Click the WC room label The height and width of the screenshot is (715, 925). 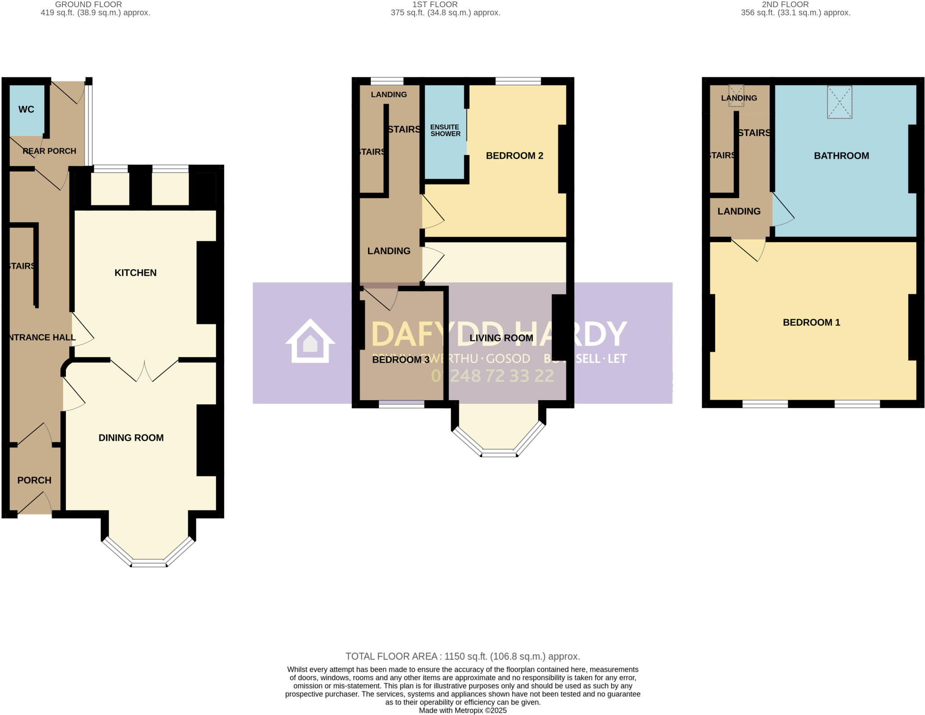(26, 109)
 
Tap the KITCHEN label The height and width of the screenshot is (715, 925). (135, 273)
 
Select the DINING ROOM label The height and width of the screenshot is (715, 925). (131, 438)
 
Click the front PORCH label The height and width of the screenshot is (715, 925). (34, 480)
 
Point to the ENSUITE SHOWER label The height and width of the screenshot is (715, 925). (445, 131)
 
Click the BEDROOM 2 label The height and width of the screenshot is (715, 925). (514, 156)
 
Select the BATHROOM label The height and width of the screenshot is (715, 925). (841, 156)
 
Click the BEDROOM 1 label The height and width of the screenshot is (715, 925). (811, 322)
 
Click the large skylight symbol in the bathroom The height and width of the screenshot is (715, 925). (839, 102)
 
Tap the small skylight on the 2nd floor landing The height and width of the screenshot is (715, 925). (736, 96)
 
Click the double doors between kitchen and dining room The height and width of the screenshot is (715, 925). (145, 370)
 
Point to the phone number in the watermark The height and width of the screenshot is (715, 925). (492, 376)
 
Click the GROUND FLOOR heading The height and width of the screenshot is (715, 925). (89, 5)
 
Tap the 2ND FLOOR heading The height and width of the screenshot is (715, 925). (785, 5)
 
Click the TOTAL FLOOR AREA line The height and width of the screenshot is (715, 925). (462, 656)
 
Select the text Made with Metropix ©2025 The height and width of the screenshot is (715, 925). (462, 710)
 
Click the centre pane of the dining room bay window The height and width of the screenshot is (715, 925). (149, 563)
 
